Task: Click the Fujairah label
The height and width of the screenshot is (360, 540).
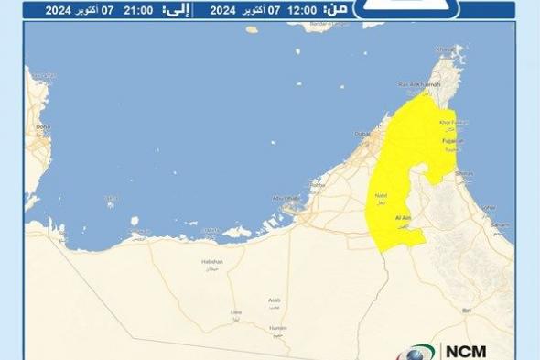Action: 454,142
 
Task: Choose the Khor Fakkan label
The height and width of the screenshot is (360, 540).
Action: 454,122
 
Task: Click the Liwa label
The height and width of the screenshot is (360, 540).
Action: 235,312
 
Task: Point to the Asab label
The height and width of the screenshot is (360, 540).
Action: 275,300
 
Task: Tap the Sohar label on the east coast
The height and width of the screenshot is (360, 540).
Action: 488,207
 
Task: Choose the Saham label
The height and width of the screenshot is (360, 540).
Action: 500,224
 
